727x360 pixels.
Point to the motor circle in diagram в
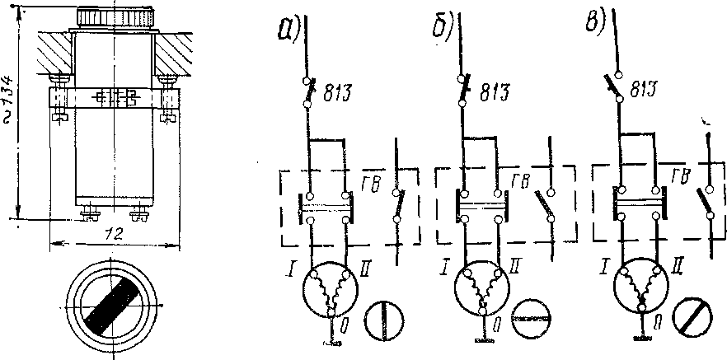pos(638,288)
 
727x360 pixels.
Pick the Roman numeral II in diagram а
pos(366,267)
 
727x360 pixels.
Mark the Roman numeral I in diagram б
pos(445,268)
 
